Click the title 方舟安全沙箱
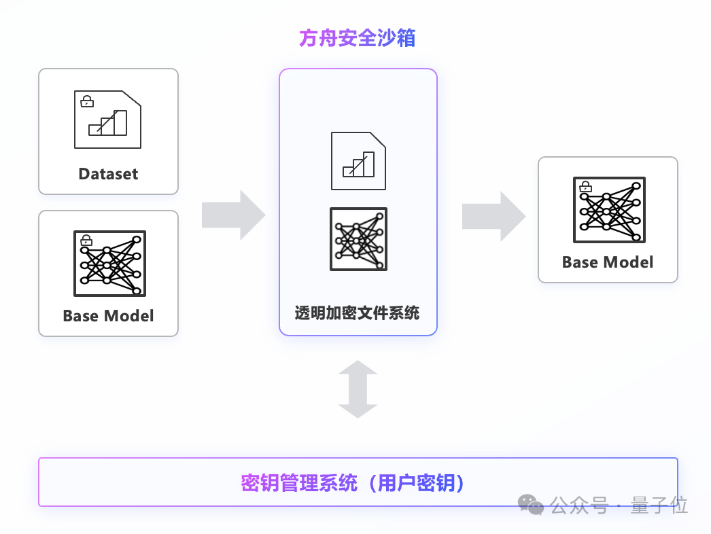pos(358,38)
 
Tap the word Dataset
pos(108,174)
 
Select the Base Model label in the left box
pos(108,316)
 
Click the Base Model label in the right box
pos(608,262)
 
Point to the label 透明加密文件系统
pos(358,313)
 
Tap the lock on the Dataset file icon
pos(87,101)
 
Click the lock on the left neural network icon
pos(86,240)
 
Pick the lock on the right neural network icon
pos(585,186)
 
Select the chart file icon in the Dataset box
pos(108,120)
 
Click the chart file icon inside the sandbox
pos(358,161)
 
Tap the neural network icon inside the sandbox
pos(358,239)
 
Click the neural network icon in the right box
pos(608,210)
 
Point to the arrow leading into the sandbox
pos(233,215)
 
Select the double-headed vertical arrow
pos(358,389)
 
